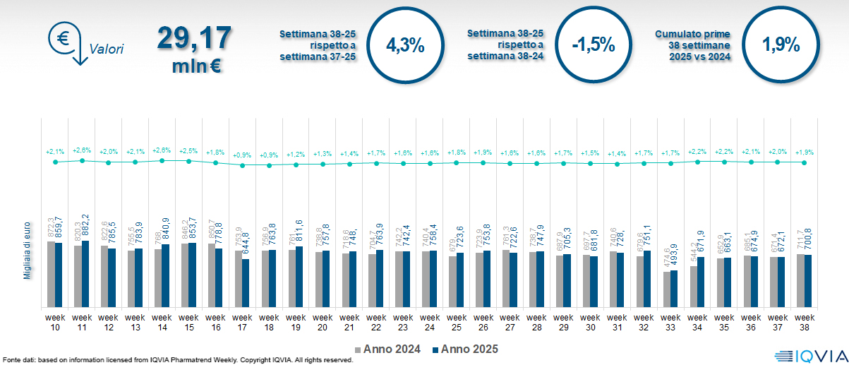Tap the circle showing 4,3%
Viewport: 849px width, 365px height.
pyautogui.click(x=405, y=45)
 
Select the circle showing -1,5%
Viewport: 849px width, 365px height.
pyautogui.click(x=593, y=45)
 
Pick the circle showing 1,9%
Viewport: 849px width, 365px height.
pyautogui.click(x=781, y=45)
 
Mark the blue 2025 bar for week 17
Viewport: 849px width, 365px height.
pyautogui.click(x=246, y=283)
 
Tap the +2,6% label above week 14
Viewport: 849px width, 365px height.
pyautogui.click(x=162, y=150)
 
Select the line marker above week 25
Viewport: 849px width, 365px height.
pyautogui.click(x=457, y=162)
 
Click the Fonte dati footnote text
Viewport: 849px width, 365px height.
pyautogui.click(x=176, y=360)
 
